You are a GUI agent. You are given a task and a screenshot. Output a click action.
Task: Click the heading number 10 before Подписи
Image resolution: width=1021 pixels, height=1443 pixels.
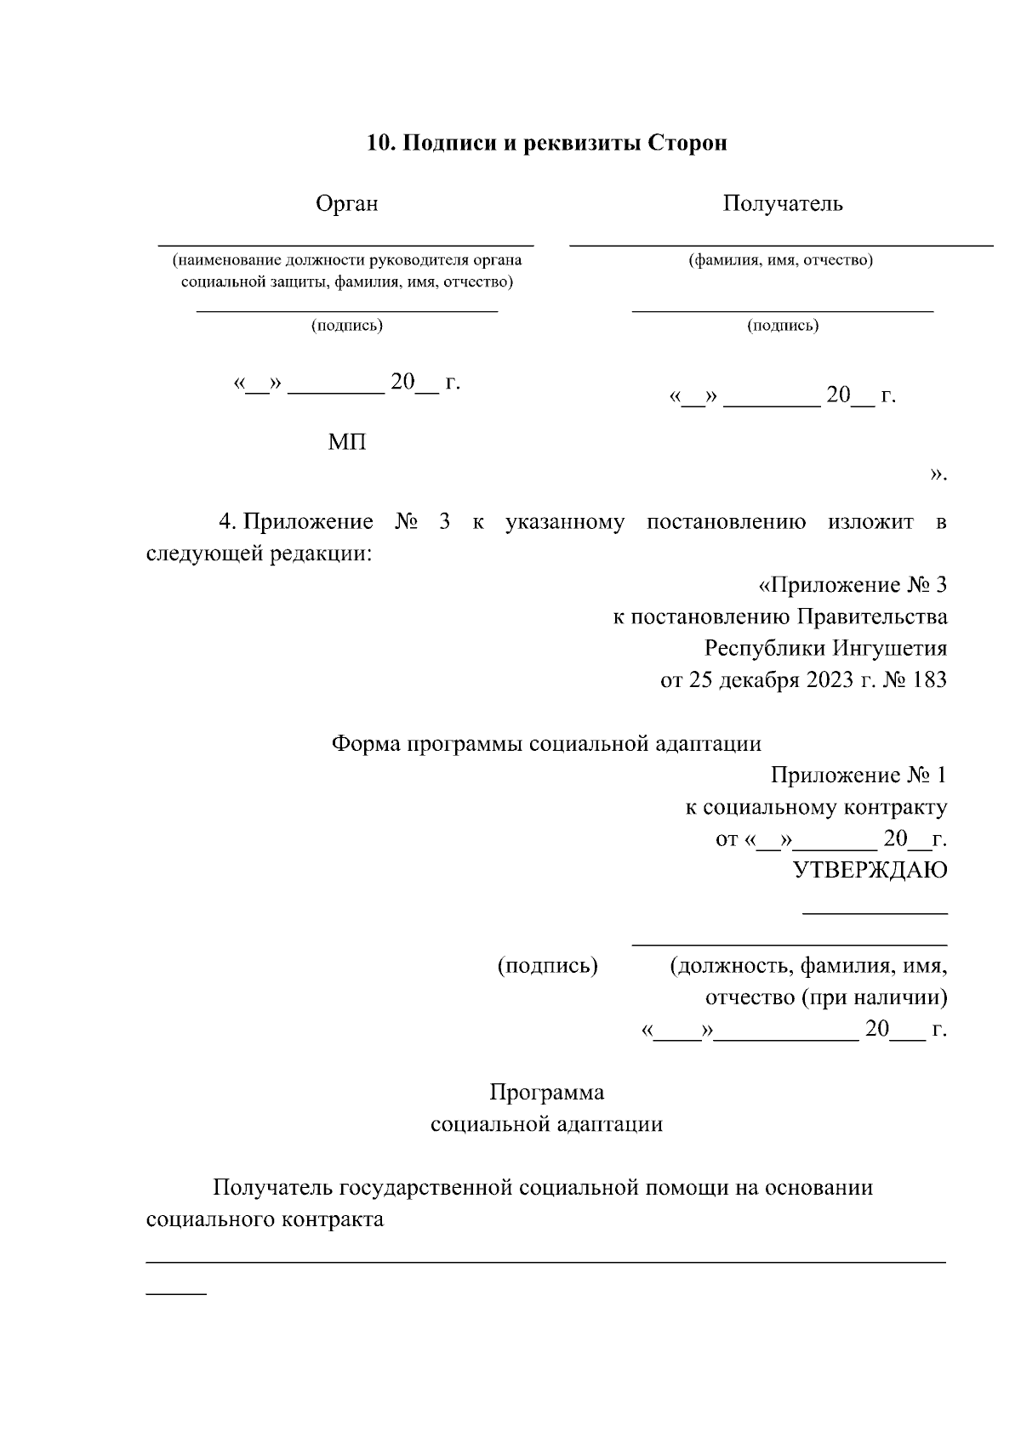tap(378, 143)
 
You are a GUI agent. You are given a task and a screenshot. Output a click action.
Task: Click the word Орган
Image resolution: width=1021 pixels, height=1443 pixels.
tap(346, 204)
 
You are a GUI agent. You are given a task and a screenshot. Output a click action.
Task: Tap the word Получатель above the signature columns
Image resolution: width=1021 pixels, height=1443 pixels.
tap(783, 204)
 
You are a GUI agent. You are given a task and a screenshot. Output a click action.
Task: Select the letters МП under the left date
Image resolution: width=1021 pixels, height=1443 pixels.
tap(347, 443)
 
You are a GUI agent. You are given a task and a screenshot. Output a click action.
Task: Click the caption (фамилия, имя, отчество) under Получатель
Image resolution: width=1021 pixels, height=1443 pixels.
tap(780, 260)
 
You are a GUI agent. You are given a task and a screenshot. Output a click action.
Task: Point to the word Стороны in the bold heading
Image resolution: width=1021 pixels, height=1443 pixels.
tap(687, 143)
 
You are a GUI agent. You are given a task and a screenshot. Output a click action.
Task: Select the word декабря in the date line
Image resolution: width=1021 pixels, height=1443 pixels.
tap(759, 681)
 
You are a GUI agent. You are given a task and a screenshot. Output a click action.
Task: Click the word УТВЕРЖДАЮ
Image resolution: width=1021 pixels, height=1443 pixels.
tap(870, 871)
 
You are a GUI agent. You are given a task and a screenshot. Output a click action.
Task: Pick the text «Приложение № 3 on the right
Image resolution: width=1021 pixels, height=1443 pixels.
tap(852, 585)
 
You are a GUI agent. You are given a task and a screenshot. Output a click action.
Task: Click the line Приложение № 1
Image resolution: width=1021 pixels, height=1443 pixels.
tap(858, 775)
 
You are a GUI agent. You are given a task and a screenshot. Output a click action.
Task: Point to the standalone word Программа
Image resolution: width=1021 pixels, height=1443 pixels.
tap(546, 1093)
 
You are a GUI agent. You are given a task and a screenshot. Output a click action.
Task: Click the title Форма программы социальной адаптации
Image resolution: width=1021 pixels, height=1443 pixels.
tap(545, 744)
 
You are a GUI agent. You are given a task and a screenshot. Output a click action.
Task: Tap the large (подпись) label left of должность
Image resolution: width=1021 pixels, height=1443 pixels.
tap(547, 966)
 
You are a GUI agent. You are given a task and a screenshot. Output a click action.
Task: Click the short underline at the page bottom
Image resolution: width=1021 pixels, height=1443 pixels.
tap(176, 1294)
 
